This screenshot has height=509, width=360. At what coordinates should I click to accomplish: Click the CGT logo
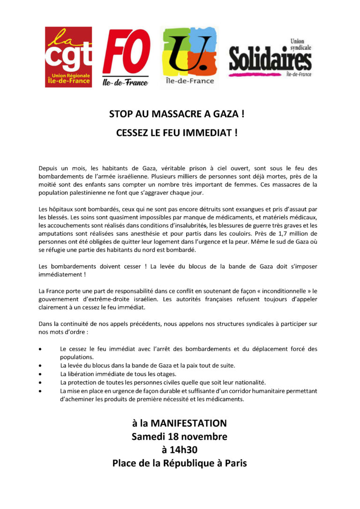coord(68,57)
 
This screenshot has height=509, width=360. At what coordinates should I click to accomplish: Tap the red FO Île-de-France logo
coord(126,57)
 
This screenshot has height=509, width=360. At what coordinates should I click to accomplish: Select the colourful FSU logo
coord(188,56)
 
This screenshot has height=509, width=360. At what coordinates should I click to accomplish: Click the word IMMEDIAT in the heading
coord(208,133)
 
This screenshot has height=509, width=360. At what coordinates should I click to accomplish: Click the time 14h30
coord(185,450)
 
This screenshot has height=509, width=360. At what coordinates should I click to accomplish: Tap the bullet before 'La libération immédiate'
coord(42,374)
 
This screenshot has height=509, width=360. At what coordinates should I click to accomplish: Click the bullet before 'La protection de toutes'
coord(42,382)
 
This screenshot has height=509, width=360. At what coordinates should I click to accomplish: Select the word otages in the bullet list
coord(165,374)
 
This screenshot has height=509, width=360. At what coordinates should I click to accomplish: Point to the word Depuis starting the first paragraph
coord(49,167)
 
